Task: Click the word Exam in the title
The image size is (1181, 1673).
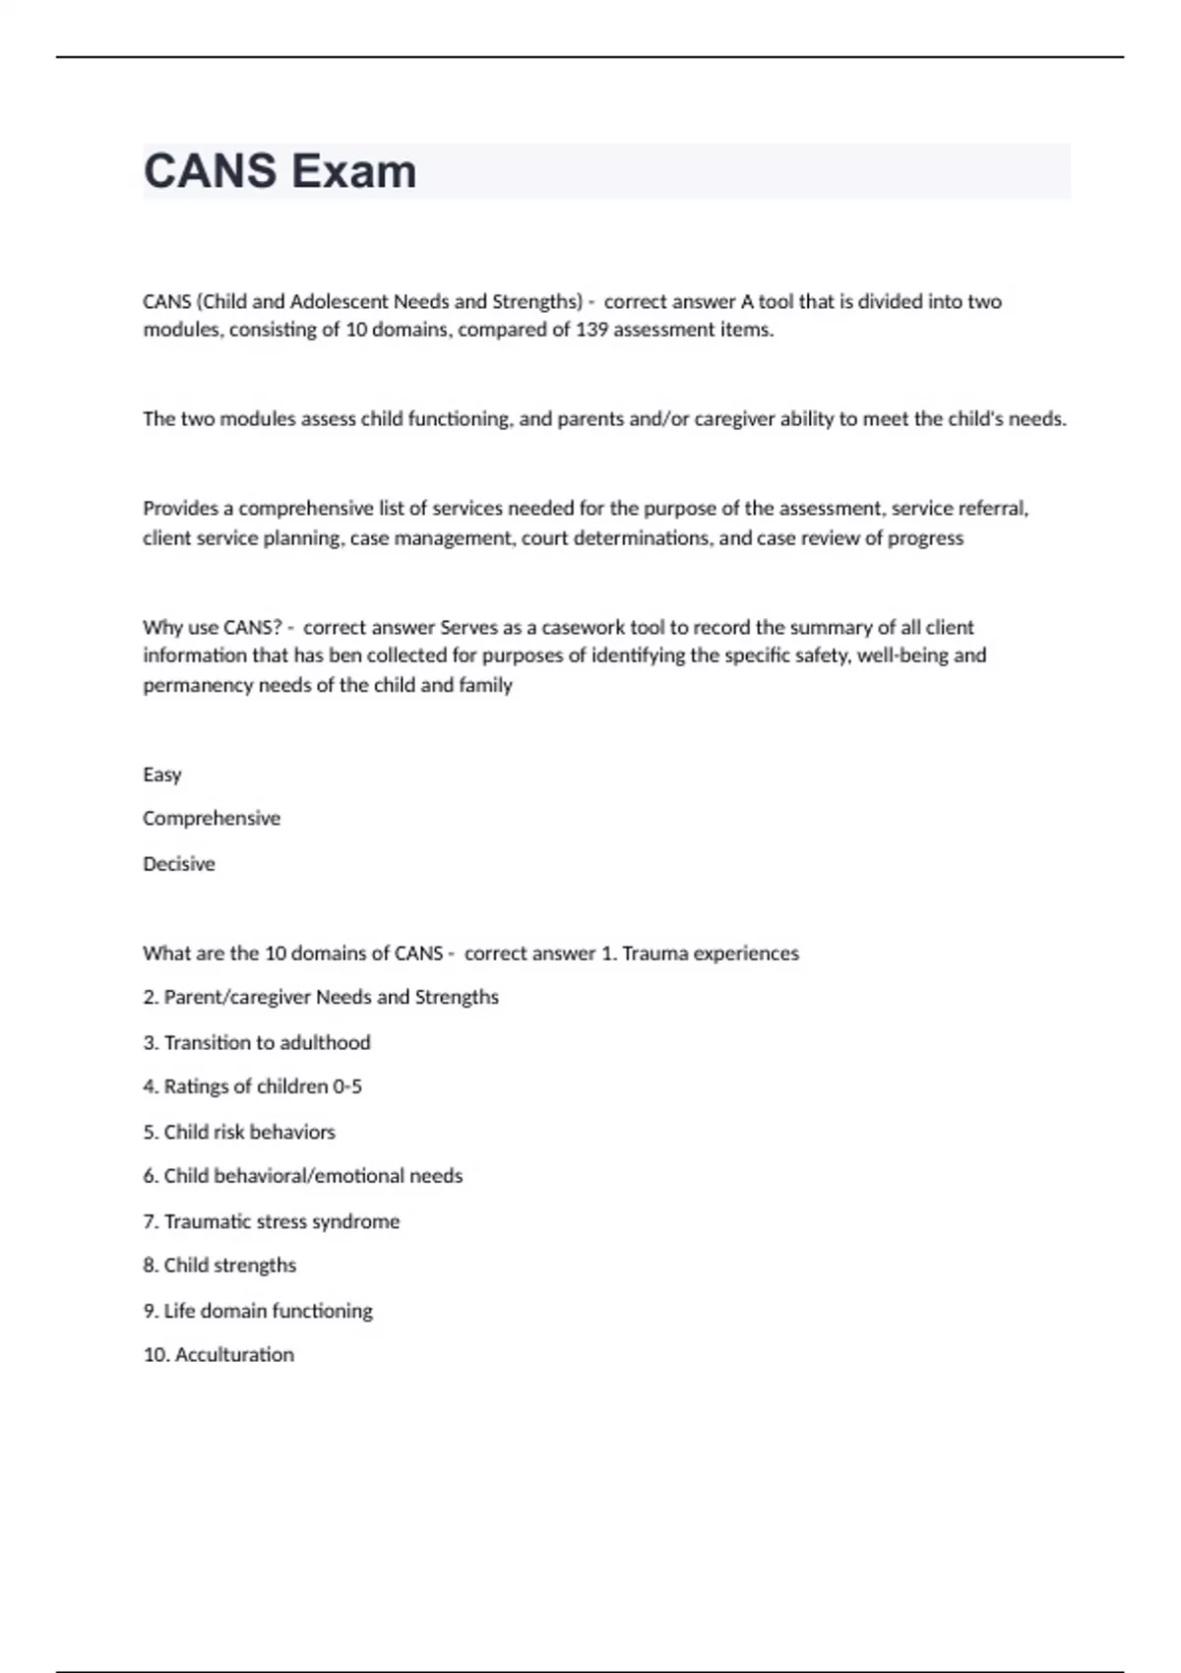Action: [354, 171]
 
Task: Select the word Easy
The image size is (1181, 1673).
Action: [162, 775]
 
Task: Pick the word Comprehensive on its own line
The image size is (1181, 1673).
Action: [212, 819]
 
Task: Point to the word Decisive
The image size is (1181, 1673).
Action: [179, 864]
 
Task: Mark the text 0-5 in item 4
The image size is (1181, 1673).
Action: [347, 1086]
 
